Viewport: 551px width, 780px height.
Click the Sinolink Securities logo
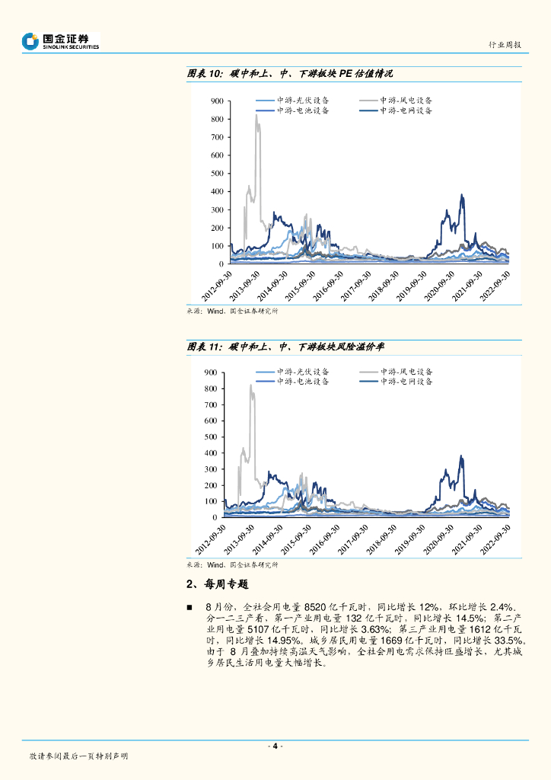click(x=61, y=41)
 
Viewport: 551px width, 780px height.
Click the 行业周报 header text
click(x=505, y=46)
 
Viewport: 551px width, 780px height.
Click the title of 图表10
click(x=290, y=74)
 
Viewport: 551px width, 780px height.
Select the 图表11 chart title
click(x=285, y=347)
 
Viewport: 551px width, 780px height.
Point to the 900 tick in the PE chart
click(x=216, y=101)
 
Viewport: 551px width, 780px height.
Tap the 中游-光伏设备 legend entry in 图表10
click(x=302, y=101)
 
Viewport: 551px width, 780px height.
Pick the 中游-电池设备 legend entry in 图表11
click(x=302, y=382)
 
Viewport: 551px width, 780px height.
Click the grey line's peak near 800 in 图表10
click(x=256, y=116)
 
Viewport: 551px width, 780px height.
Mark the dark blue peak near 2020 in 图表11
click(x=462, y=456)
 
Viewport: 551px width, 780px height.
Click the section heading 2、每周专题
click(x=217, y=584)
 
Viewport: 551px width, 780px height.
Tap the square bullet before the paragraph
click(x=190, y=606)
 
